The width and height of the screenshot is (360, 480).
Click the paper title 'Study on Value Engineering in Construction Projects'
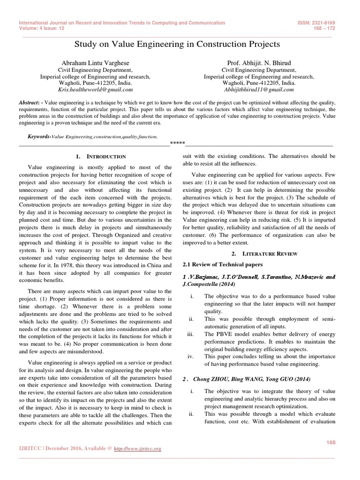pyautogui.click(x=178, y=44)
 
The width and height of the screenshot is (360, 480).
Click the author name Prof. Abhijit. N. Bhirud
pyautogui.click(x=259, y=62)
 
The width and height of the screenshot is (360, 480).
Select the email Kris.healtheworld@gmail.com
pyautogui.click(x=96, y=89)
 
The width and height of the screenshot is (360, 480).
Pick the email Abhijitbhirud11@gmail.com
pyautogui.click(x=259, y=89)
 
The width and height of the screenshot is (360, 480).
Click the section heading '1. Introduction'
pyautogui.click(x=100, y=156)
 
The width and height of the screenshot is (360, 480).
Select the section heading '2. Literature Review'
pyautogui.click(x=259, y=253)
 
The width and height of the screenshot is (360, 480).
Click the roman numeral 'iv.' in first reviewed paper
pyautogui.click(x=191, y=356)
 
